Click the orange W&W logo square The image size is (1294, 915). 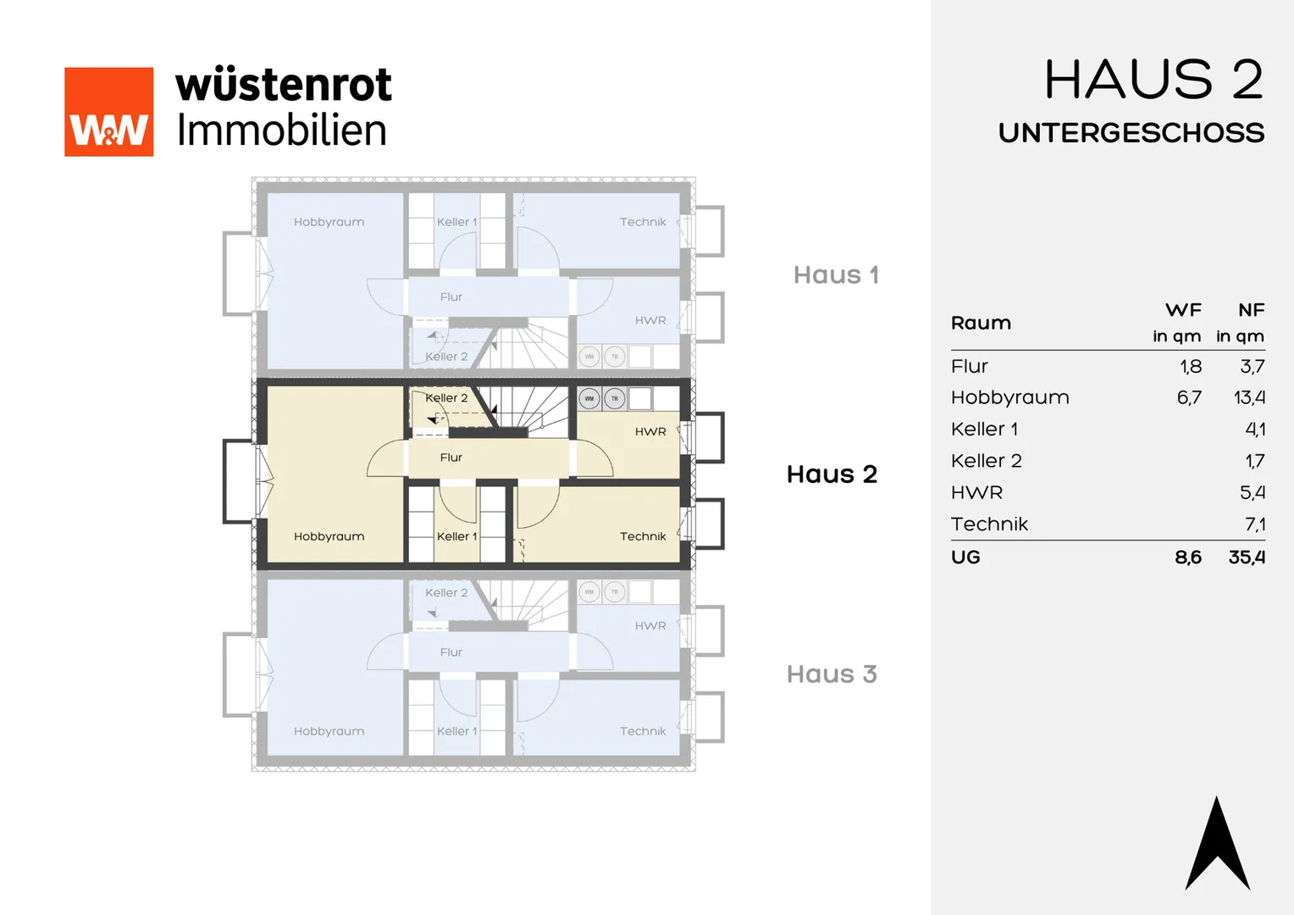(108, 112)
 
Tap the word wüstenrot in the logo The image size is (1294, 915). (284, 85)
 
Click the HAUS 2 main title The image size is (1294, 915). (1154, 80)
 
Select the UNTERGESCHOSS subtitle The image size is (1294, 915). (1131, 132)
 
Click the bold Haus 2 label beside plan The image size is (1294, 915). (832, 474)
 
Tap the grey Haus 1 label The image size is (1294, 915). (836, 274)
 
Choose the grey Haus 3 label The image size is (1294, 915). (832, 674)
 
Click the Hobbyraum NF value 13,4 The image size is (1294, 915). (1249, 397)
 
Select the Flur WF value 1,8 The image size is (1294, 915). (1191, 367)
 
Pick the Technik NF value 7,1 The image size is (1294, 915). (1255, 524)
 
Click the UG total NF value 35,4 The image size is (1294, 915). (1247, 557)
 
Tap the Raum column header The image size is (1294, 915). (981, 323)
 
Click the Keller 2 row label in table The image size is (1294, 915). (986, 461)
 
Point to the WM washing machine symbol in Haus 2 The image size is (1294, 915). (589, 398)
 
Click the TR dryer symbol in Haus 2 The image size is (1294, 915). (615, 398)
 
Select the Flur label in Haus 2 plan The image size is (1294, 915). (451, 457)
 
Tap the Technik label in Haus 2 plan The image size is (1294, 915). (643, 536)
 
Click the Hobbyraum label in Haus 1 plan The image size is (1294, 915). (329, 222)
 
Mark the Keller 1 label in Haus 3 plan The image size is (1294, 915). (457, 731)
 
